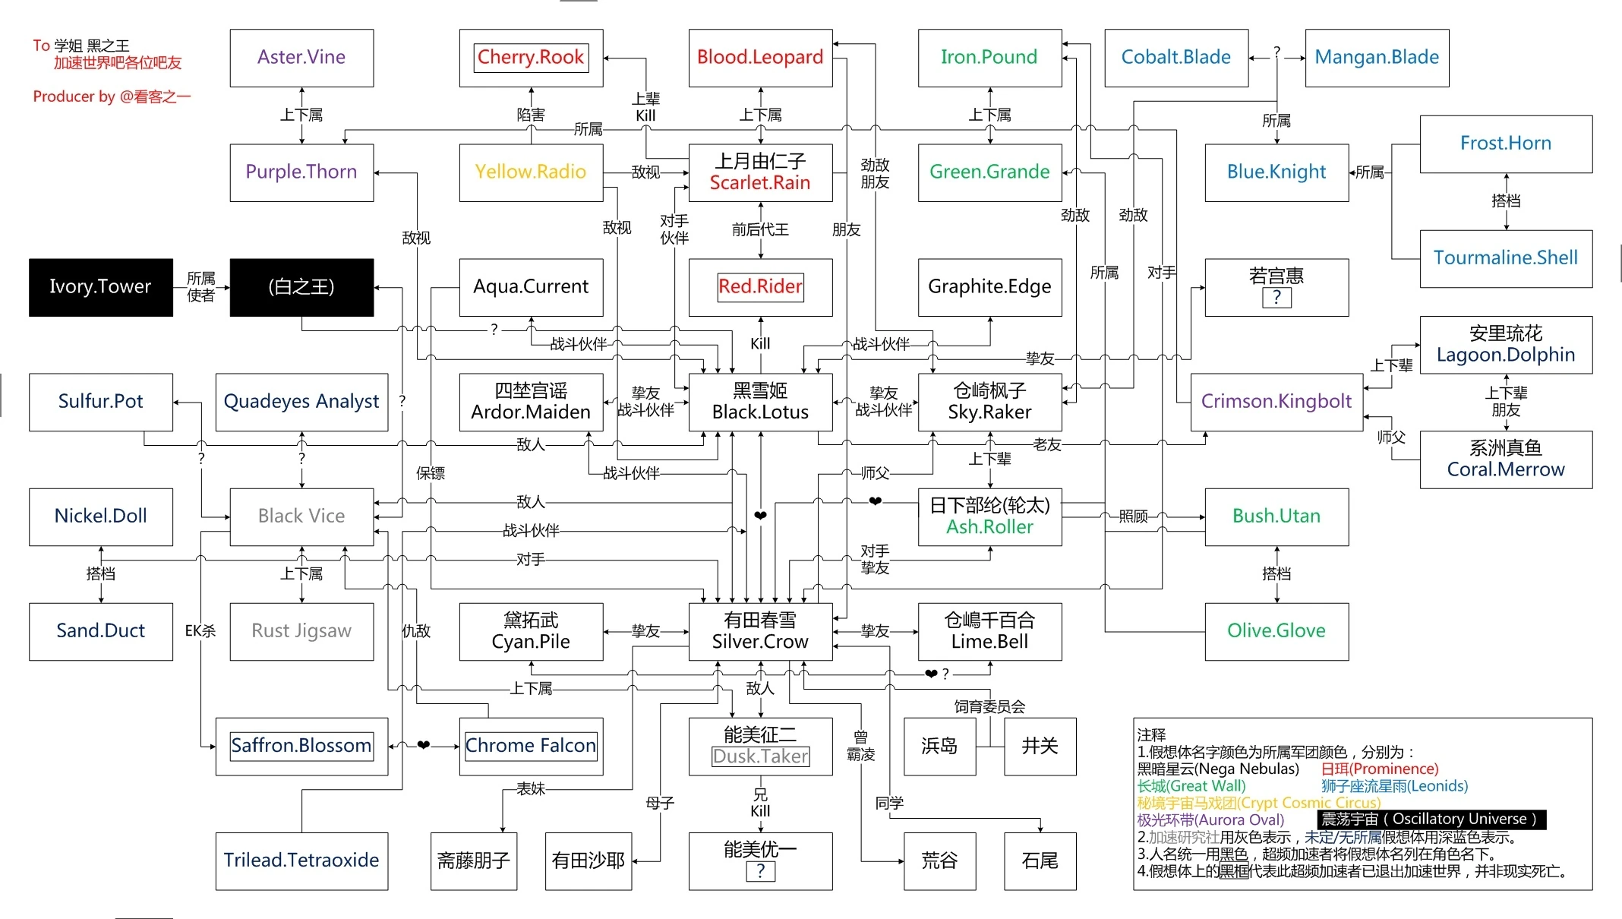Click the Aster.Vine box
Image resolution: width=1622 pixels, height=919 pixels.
tap(301, 58)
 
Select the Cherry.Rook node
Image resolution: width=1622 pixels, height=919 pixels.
tap(531, 58)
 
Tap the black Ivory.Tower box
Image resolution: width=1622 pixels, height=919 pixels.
tap(100, 287)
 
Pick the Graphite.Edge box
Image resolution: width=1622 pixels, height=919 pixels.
tap(989, 287)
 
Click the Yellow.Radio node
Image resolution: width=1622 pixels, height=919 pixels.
tap(531, 172)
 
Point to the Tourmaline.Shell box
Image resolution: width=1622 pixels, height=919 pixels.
tap(1506, 258)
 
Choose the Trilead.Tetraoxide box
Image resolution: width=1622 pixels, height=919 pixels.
tap(301, 861)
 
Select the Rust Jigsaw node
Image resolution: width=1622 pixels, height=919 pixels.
tap(301, 631)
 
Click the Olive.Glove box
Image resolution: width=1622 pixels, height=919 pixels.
tap(1276, 631)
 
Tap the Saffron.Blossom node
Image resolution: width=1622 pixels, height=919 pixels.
tap(301, 746)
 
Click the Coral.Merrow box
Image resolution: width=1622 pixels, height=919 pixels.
tap(1506, 459)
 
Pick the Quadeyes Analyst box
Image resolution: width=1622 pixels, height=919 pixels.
tap(301, 402)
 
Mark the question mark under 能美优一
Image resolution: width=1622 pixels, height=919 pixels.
tap(760, 871)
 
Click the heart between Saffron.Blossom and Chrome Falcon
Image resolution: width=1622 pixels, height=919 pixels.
tap(424, 745)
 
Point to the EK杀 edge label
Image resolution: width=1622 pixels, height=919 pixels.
tap(200, 630)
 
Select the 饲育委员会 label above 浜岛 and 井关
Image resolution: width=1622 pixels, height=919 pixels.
tap(989, 707)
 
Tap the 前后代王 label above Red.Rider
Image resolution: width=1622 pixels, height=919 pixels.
tap(760, 229)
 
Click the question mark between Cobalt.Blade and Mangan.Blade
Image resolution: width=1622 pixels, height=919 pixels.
tap(1277, 52)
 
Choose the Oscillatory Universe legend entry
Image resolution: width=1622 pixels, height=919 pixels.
tap(1431, 820)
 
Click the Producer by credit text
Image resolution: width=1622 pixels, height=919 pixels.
tap(112, 96)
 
